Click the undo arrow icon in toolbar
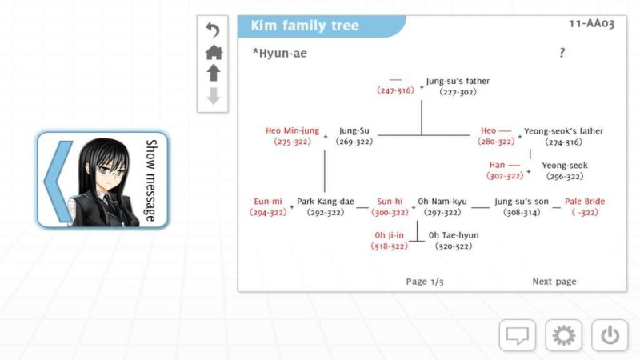click(213, 30)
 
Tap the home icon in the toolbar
click(213, 53)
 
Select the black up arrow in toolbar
click(213, 74)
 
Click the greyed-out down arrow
click(213, 96)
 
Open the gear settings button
click(564, 335)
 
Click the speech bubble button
click(517, 335)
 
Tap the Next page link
click(554, 282)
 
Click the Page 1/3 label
click(425, 282)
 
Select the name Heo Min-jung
click(292, 130)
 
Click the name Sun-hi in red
click(390, 202)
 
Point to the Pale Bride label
click(585, 202)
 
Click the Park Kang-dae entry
click(326, 202)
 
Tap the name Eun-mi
click(268, 202)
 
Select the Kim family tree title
click(305, 26)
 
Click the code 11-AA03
click(591, 24)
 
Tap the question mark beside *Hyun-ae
click(562, 53)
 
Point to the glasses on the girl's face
click(110, 170)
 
